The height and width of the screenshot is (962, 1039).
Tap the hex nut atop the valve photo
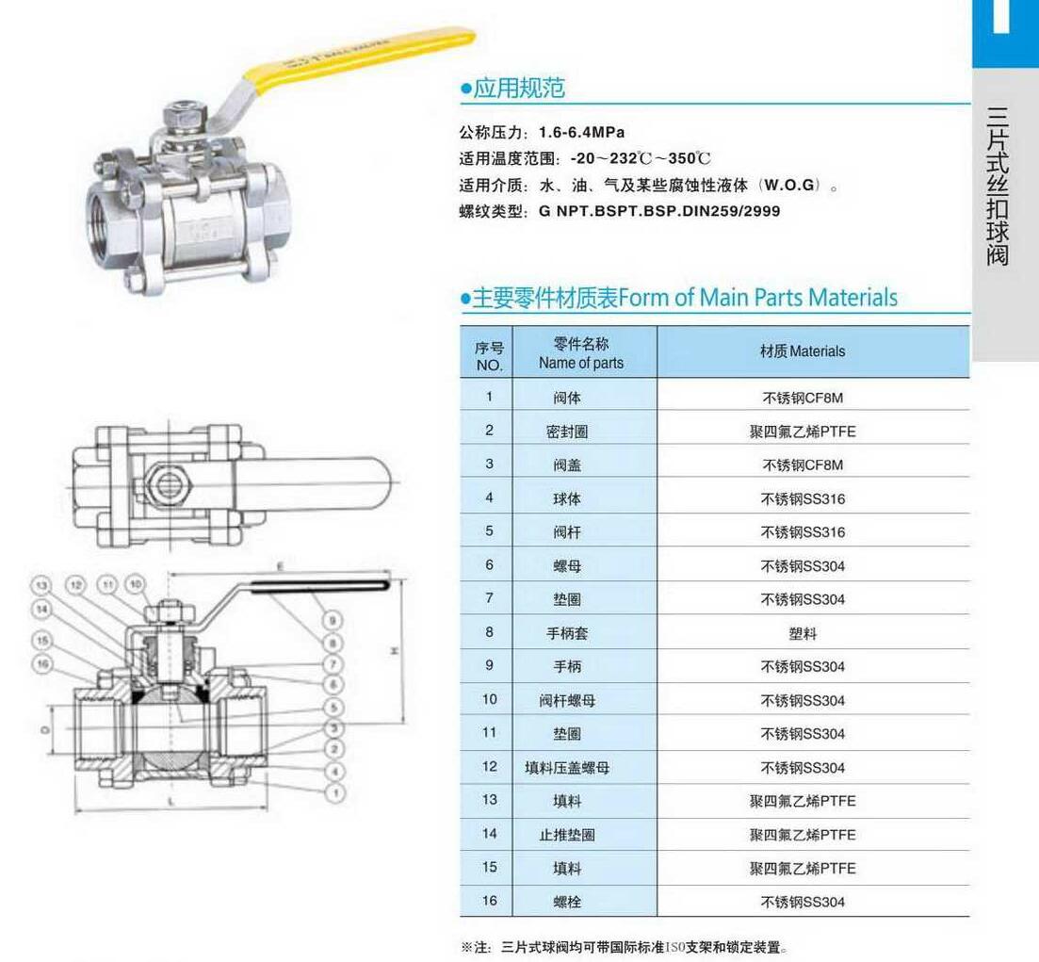pyautogui.click(x=178, y=118)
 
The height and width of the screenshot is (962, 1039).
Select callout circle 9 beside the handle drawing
pyautogui.click(x=333, y=621)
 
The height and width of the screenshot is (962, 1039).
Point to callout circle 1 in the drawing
pyautogui.click(x=333, y=794)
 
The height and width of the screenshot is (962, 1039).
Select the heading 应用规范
pyautogui.click(x=519, y=90)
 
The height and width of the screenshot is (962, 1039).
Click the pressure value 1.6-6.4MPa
pyautogui.click(x=581, y=132)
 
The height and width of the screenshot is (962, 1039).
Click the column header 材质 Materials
pyautogui.click(x=803, y=351)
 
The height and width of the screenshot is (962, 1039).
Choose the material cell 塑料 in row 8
pyautogui.click(x=803, y=633)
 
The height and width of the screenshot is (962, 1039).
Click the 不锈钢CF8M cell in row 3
pyautogui.click(x=803, y=465)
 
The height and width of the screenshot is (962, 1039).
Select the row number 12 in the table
pyautogui.click(x=489, y=767)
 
